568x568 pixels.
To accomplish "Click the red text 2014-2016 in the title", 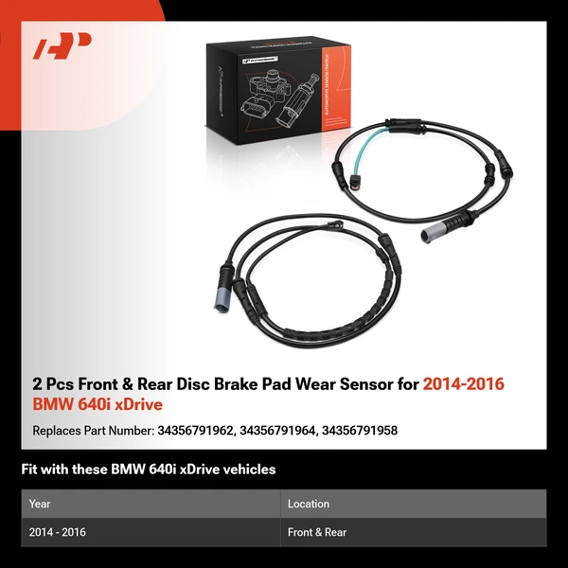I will (464, 384).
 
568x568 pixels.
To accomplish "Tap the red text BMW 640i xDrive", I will (98, 405).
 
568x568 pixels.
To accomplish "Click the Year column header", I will (41, 504).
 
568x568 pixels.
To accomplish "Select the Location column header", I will (309, 504).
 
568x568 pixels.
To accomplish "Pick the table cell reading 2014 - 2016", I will (58, 532).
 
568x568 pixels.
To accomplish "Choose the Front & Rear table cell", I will (317, 532).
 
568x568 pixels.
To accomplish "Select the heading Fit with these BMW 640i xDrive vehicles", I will (148, 470).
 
